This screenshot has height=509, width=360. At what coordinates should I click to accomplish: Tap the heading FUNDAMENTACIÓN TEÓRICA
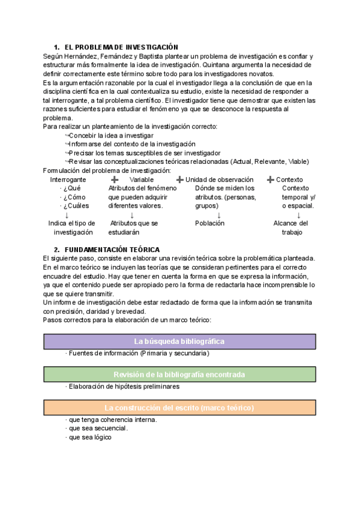[x=117, y=249]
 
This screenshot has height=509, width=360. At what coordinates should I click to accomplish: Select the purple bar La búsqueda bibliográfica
[x=179, y=342]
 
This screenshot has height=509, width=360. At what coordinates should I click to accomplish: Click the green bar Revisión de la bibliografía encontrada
[x=179, y=375]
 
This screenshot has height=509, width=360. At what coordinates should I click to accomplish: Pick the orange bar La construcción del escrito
[x=179, y=408]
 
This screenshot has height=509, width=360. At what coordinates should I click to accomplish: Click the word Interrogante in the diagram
[x=68, y=179]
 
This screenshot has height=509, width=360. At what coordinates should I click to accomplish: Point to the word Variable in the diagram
[x=142, y=179]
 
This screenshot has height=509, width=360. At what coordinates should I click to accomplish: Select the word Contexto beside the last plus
[x=289, y=179]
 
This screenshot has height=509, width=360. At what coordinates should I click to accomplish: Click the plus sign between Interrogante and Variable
[x=115, y=179]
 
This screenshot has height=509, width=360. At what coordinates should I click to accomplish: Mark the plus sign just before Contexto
[x=271, y=179]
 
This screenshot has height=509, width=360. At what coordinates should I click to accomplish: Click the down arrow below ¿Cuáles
[x=66, y=215]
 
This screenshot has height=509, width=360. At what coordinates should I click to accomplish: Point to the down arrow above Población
[x=219, y=215]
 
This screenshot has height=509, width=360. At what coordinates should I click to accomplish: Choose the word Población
[x=209, y=223]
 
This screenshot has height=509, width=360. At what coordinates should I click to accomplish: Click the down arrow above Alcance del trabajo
[x=299, y=215]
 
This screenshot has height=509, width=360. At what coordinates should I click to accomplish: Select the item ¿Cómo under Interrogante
[x=74, y=197]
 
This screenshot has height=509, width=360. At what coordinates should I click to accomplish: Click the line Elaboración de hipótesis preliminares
[x=124, y=387]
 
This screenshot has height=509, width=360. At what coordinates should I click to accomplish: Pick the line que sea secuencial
[x=98, y=429]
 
